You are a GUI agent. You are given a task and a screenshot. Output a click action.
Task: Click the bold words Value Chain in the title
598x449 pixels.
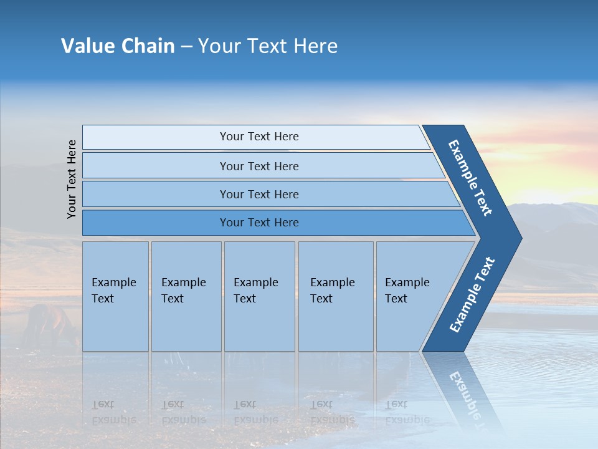coord(118,46)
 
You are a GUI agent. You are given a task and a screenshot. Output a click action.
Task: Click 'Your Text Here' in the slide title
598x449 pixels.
coord(268,46)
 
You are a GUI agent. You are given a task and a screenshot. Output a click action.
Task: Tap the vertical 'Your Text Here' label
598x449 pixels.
coord(72,179)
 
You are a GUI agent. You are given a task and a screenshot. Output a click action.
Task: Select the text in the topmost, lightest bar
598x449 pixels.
coord(259,137)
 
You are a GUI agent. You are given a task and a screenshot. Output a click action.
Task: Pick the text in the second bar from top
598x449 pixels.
coord(259,167)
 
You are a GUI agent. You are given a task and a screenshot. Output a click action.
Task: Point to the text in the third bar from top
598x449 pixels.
coord(259,195)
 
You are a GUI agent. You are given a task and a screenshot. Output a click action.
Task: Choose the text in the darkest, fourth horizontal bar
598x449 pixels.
coord(259,223)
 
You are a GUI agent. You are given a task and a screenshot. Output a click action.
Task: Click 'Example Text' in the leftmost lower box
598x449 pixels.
coord(113,291)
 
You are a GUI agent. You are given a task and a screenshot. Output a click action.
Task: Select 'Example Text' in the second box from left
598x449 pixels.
coord(183,291)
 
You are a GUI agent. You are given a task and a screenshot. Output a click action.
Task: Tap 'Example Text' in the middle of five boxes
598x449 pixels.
coord(255,291)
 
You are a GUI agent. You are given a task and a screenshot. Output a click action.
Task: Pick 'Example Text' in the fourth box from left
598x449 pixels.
coord(332,291)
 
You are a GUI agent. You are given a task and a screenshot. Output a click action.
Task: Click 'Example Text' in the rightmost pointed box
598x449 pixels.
coord(407,291)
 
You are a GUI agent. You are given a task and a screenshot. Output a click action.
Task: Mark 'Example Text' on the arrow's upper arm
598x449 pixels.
coord(471,178)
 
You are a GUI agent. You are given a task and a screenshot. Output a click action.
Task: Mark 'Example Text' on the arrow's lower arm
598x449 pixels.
coord(472,294)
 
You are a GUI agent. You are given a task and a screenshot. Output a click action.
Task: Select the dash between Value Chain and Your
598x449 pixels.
coord(186,47)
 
